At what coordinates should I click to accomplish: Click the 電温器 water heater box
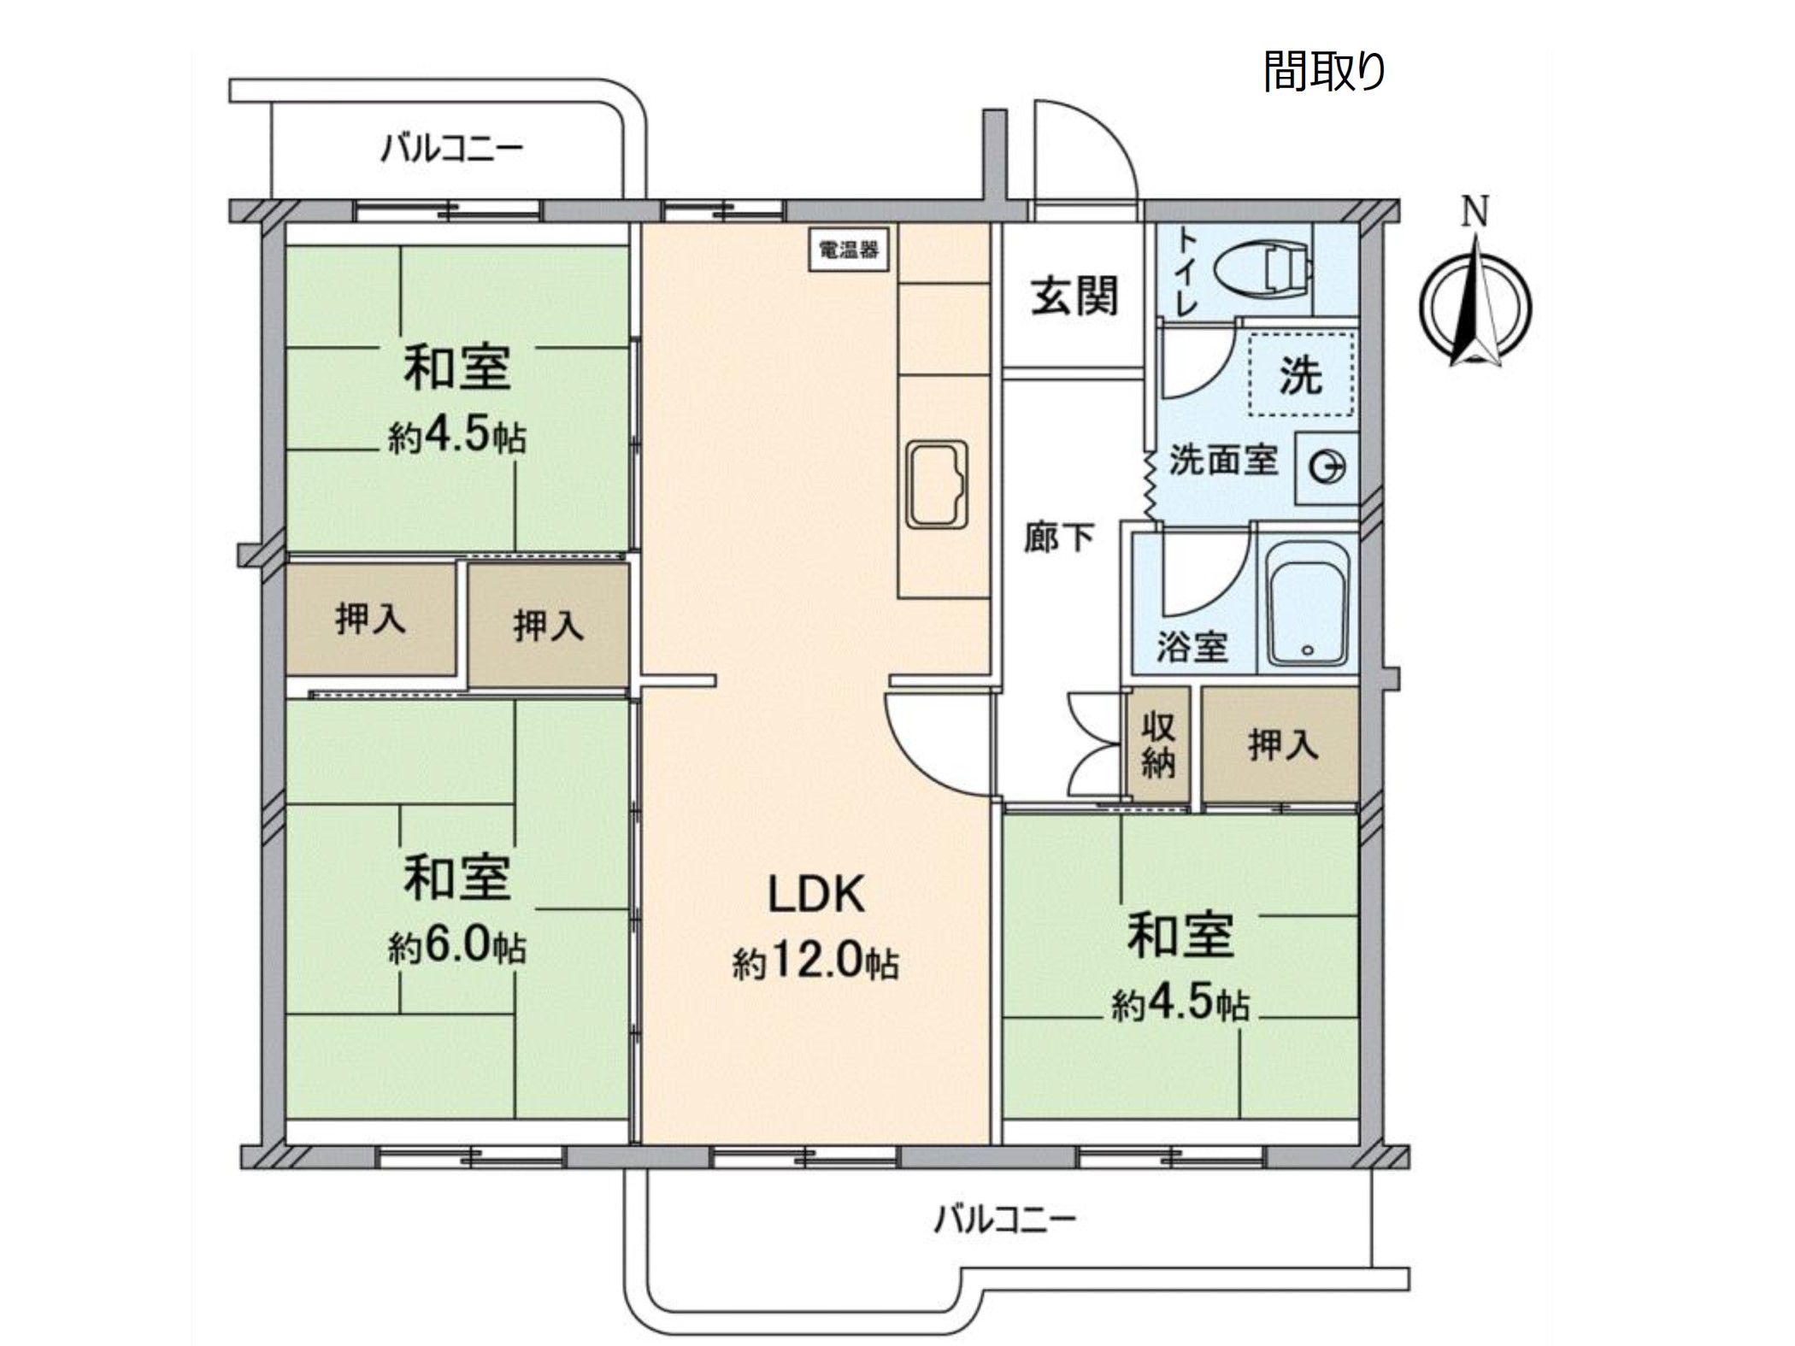tap(849, 250)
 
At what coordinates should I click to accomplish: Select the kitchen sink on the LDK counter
tap(937, 485)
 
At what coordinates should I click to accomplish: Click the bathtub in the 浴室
tap(1307, 603)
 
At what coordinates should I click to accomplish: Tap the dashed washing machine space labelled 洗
tap(1302, 374)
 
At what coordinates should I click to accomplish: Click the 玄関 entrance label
tap(1074, 297)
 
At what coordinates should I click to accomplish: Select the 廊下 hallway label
tap(1059, 538)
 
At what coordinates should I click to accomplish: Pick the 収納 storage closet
tap(1158, 744)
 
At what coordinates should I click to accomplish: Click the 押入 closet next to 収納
tap(1280, 744)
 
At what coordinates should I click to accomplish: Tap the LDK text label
tap(816, 895)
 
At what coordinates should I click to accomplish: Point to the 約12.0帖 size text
tap(815, 962)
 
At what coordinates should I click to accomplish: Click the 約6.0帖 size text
tap(457, 946)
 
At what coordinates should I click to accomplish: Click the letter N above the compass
tap(1475, 211)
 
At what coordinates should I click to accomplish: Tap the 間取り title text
tap(1324, 71)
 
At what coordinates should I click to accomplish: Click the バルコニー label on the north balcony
tap(452, 150)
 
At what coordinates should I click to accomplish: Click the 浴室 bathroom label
tap(1192, 647)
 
